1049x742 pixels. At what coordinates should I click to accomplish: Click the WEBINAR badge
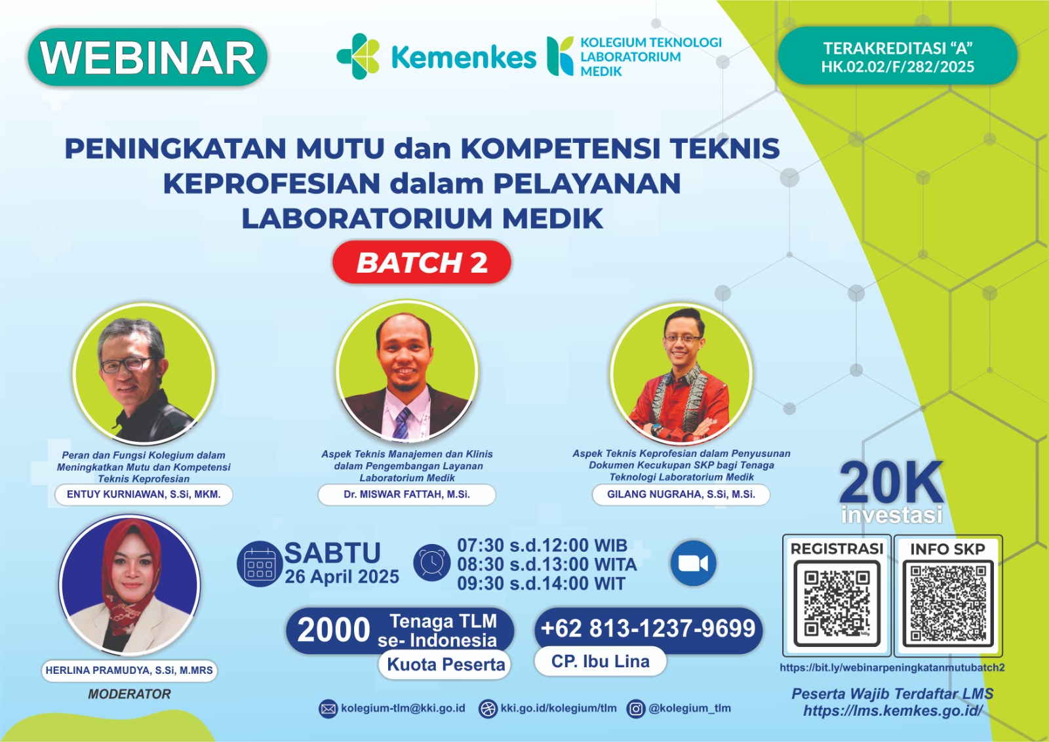[x=148, y=58]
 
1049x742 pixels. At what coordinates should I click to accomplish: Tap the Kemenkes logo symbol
[x=358, y=56]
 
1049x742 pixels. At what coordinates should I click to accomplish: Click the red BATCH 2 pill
[x=422, y=262]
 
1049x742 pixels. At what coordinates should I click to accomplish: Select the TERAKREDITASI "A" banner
[x=898, y=57]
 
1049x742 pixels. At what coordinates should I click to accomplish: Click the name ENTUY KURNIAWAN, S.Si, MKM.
[x=144, y=494]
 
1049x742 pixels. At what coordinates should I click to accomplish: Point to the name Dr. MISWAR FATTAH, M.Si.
[x=406, y=494]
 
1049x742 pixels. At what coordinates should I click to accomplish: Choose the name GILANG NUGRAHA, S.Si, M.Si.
[x=681, y=494]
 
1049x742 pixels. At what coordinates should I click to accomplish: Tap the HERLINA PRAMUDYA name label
[x=129, y=670]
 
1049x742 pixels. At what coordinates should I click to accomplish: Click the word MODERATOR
[x=129, y=694]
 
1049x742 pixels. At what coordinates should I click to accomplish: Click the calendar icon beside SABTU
[x=260, y=564]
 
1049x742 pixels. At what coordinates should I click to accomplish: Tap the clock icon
[x=431, y=562]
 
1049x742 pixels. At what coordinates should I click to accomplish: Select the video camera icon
[x=693, y=564]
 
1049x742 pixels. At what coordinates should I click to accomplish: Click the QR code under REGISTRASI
[x=837, y=604]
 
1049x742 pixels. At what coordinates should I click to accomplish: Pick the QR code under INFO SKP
[x=947, y=604]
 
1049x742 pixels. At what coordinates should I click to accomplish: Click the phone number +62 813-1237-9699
[x=648, y=629]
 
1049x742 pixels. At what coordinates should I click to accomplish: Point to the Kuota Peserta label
[x=446, y=665]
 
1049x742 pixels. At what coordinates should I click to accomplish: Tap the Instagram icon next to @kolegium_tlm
[x=635, y=709]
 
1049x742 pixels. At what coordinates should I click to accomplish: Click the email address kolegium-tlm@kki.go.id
[x=403, y=709]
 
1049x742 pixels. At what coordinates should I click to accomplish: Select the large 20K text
[x=891, y=483]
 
